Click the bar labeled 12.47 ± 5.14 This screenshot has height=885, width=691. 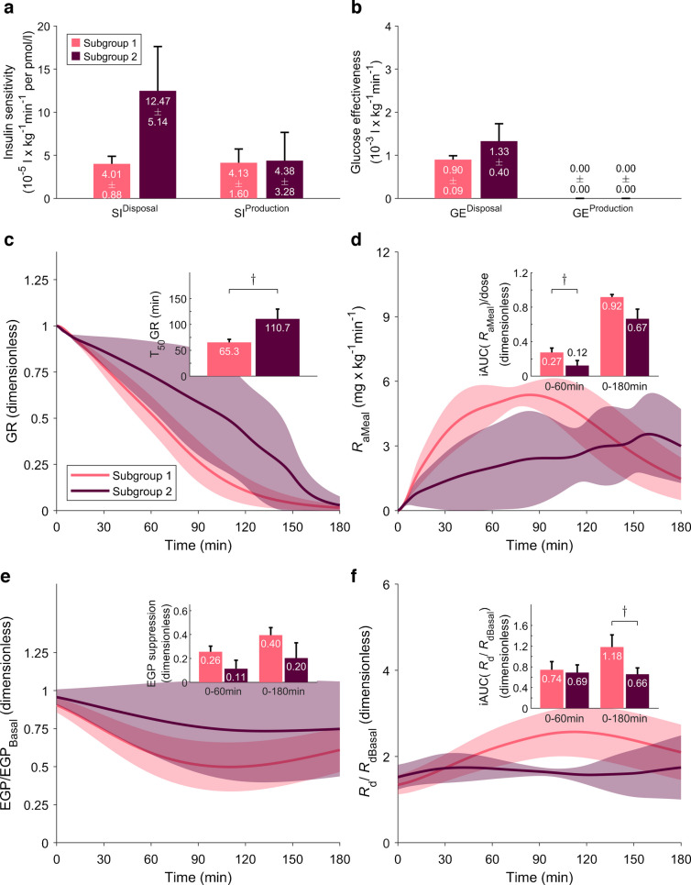158,145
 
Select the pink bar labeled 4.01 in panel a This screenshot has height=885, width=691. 112,182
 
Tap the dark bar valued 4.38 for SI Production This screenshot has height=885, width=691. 285,180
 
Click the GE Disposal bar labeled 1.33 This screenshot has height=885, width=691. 499,170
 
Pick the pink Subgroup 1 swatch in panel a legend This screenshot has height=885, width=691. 76,43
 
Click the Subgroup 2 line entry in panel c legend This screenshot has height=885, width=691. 121,491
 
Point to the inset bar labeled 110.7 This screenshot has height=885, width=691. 278,348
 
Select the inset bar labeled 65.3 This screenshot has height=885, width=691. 229,360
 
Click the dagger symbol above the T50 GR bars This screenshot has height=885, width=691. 253,278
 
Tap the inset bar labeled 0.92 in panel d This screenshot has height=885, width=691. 611,337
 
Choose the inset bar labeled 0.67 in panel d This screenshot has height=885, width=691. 637,348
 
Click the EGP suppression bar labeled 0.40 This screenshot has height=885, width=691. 270,658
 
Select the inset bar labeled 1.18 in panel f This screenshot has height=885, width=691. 611,678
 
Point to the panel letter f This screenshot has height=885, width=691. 354,575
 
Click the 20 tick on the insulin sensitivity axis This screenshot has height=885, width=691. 44,27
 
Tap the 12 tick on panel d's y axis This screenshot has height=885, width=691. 385,252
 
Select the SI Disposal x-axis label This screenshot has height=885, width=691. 135,211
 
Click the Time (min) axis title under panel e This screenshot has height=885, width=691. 198,878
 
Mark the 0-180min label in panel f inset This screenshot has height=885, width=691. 624,719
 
